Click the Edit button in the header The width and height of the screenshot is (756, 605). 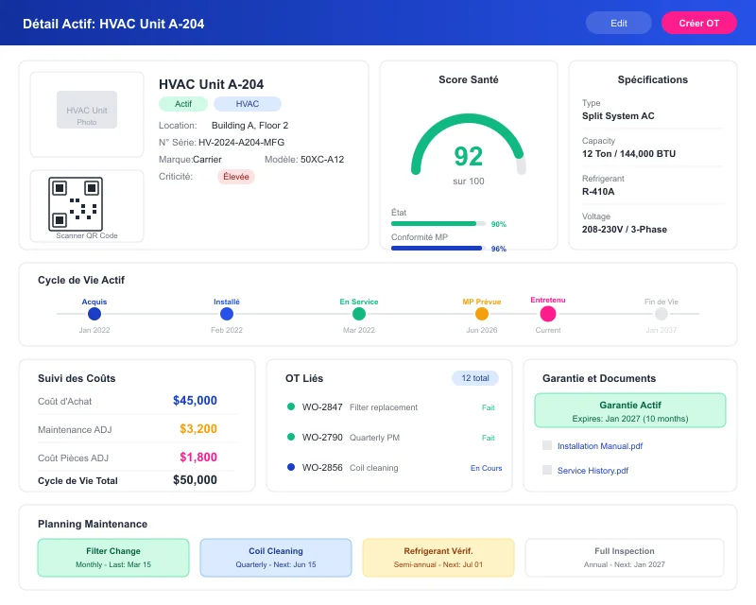618,23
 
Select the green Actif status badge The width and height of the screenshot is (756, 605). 183,104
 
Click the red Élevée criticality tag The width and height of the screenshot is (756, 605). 235,177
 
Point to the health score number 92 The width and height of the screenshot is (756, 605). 468,156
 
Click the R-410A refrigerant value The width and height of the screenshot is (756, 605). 598,192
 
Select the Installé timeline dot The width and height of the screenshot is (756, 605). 227,314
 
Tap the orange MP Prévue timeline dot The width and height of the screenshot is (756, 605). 481,314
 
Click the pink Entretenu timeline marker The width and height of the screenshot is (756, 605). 548,314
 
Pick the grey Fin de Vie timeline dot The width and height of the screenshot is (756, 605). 661,314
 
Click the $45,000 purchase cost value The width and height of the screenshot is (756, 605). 195,401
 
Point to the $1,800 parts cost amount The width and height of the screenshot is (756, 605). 198,458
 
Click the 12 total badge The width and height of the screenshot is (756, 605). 474,378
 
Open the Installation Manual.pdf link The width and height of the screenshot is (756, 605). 600,446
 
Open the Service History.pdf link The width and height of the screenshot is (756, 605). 593,471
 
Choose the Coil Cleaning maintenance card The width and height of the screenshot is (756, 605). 276,558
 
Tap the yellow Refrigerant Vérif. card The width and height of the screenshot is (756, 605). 438,558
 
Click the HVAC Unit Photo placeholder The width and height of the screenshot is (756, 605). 87,110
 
